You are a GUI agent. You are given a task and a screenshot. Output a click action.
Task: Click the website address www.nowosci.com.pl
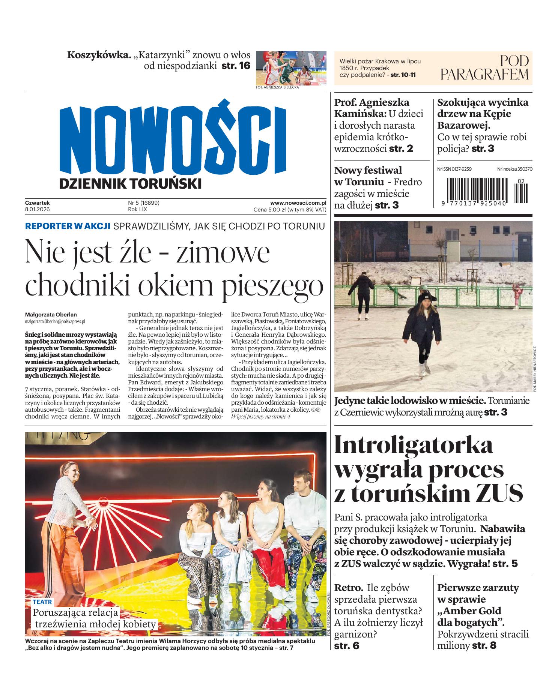(298, 203)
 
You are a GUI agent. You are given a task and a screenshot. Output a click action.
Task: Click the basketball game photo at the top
(291, 68)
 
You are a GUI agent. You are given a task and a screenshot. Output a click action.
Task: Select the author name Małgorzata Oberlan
(51, 315)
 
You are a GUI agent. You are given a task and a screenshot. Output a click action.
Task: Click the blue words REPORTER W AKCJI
(68, 226)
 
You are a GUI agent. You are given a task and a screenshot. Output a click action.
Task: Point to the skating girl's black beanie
(428, 298)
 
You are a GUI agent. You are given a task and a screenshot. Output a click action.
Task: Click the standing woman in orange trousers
(71, 525)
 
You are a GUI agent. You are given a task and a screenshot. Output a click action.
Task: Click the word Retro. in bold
(349, 587)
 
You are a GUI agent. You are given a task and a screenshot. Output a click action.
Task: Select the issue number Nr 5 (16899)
(144, 203)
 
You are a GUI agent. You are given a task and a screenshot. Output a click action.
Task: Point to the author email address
(55, 321)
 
